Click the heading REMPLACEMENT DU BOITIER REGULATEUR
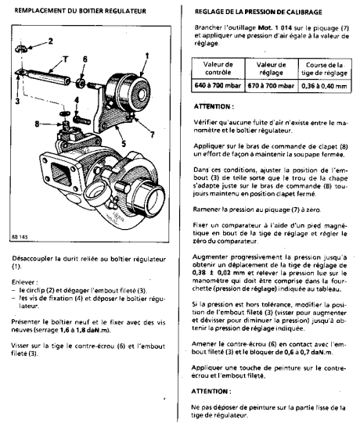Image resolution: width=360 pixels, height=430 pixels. click(x=80, y=11)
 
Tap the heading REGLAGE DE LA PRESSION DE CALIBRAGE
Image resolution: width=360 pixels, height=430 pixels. click(x=258, y=12)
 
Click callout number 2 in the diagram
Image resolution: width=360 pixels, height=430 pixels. click(x=51, y=41)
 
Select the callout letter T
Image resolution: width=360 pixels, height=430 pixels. click(x=66, y=59)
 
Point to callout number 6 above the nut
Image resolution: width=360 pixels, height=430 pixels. click(x=85, y=59)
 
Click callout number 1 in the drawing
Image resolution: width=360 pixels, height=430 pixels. click(x=147, y=56)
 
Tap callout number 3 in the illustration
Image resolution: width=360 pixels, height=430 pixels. click(x=17, y=101)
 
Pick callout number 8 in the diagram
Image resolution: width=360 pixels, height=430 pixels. click(x=37, y=124)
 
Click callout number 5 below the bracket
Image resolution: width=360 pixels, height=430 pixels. click(x=124, y=143)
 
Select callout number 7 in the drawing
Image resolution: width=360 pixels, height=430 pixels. click(x=152, y=134)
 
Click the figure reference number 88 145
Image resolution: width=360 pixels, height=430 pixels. click(x=20, y=237)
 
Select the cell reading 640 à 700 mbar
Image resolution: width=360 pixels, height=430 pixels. click(x=218, y=85)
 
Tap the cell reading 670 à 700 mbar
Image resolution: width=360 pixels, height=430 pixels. click(x=271, y=85)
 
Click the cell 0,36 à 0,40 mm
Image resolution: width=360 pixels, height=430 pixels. click(x=324, y=86)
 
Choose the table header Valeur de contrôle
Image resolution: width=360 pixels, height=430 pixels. click(x=218, y=69)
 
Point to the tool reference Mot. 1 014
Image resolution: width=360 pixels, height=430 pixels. click(x=275, y=27)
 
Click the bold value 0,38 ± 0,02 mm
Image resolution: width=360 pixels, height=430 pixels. click(x=219, y=273)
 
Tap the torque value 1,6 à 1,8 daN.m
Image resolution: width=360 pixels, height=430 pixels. click(x=85, y=330)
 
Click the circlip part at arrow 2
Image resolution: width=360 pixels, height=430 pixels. click(x=21, y=48)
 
